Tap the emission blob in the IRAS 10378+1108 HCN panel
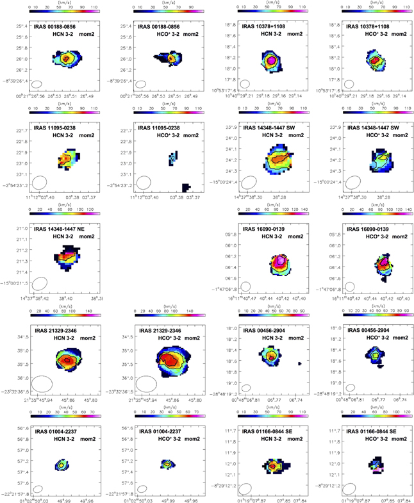click(x=272, y=60)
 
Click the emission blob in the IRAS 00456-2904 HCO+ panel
click(x=376, y=353)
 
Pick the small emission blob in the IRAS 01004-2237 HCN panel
click(x=62, y=463)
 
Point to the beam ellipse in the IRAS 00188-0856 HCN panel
click(x=37, y=84)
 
